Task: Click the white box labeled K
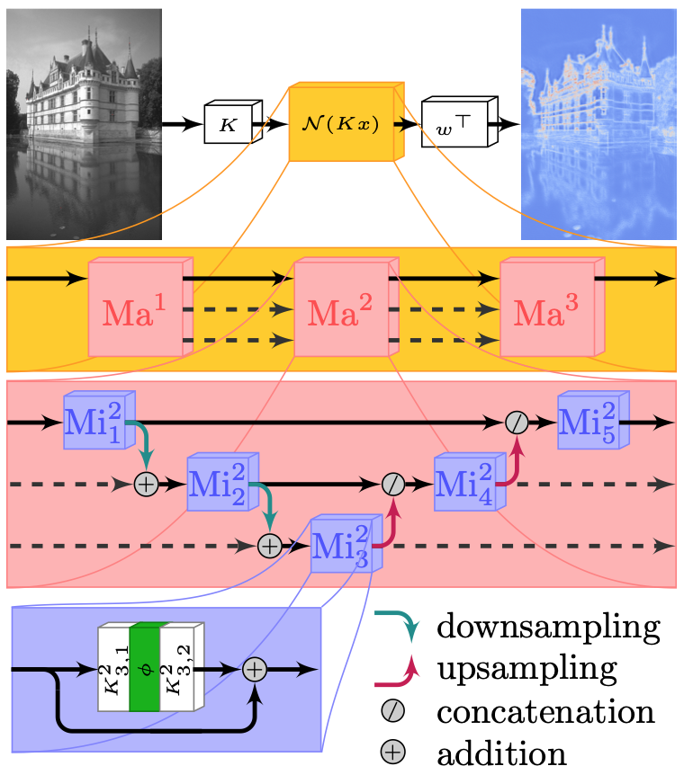(x=229, y=124)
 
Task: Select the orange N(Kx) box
(x=341, y=124)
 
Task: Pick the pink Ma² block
(x=343, y=309)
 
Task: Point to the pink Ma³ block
(x=548, y=309)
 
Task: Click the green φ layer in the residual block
(x=144, y=669)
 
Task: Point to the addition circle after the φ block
(x=255, y=669)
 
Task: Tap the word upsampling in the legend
(x=526, y=668)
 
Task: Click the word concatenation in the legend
(x=545, y=711)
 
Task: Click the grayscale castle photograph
(x=84, y=124)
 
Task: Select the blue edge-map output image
(x=598, y=124)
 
